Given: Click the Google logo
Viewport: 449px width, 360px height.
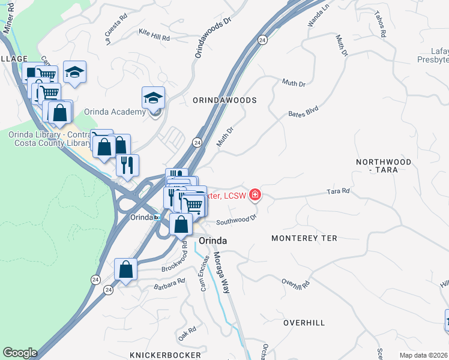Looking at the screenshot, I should click(20, 353).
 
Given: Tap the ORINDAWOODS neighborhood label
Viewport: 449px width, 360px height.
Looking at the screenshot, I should click(225, 100).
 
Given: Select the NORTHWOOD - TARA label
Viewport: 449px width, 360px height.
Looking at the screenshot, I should click(384, 166).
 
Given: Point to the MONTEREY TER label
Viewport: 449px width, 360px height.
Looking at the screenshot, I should click(304, 238).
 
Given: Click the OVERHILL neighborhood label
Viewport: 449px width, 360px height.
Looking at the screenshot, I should click(304, 323).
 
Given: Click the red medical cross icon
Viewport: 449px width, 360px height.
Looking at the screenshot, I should click(256, 194).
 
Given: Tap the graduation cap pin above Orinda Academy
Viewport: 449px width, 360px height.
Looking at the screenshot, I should click(154, 97).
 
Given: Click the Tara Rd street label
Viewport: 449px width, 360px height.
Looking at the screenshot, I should click(338, 191).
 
